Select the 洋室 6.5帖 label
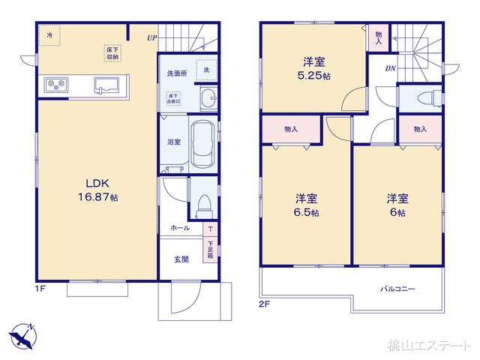(x=305, y=205)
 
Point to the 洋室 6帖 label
(x=397, y=205)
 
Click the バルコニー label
(x=397, y=289)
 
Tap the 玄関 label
(x=181, y=259)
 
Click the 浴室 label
(x=172, y=142)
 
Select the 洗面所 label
(x=176, y=74)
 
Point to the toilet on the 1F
(x=202, y=201)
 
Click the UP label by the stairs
(x=152, y=36)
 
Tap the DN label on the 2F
(x=391, y=69)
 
